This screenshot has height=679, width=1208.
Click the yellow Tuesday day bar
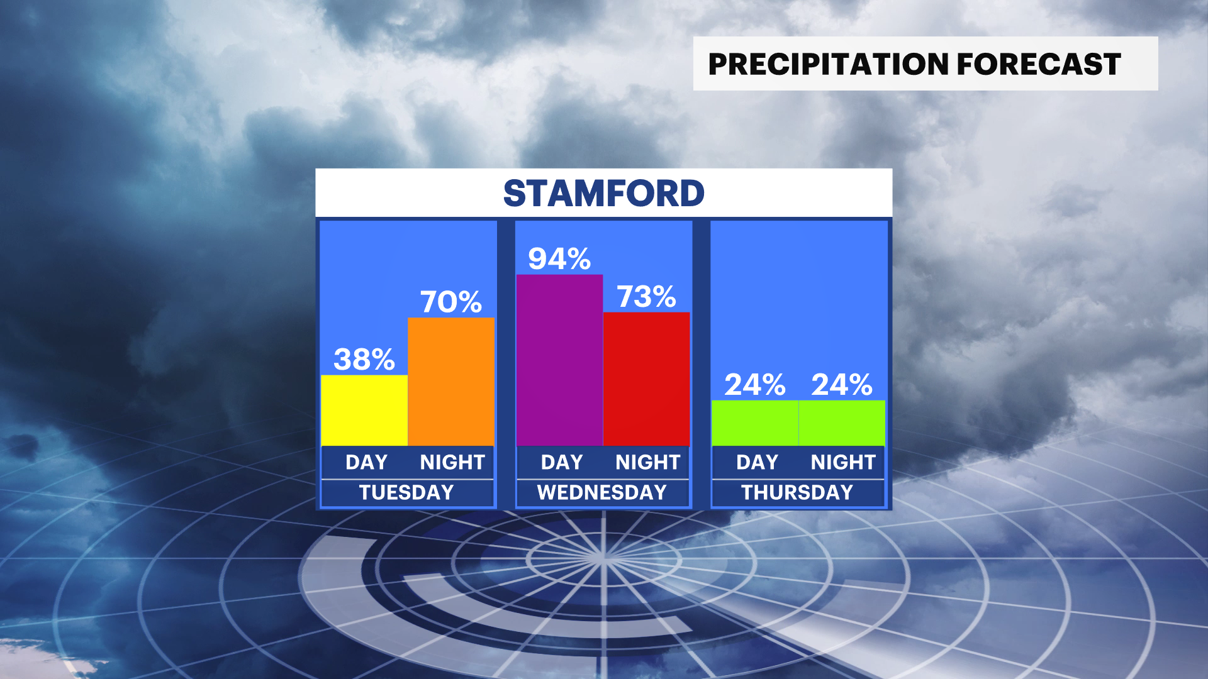(364, 411)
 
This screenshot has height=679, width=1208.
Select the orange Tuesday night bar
(451, 382)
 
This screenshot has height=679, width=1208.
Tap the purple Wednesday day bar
(560, 360)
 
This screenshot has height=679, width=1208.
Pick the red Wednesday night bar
(647, 379)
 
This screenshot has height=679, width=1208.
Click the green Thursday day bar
(755, 423)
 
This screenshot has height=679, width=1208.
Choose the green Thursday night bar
(842, 423)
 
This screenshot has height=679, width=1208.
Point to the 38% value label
(364, 360)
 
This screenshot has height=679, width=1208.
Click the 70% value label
(451, 302)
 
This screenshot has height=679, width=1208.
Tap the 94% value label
(559, 258)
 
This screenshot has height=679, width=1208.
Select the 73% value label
(646, 297)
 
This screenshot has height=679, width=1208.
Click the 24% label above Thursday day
(755, 385)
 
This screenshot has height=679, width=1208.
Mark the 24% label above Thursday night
(842, 385)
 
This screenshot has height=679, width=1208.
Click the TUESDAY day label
(406, 492)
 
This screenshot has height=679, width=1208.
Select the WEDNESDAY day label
(602, 492)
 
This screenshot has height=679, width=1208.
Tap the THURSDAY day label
(797, 492)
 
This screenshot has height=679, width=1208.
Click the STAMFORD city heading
(604, 193)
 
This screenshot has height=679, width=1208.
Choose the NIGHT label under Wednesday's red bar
(648, 462)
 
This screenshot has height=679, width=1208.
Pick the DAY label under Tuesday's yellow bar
(366, 462)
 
